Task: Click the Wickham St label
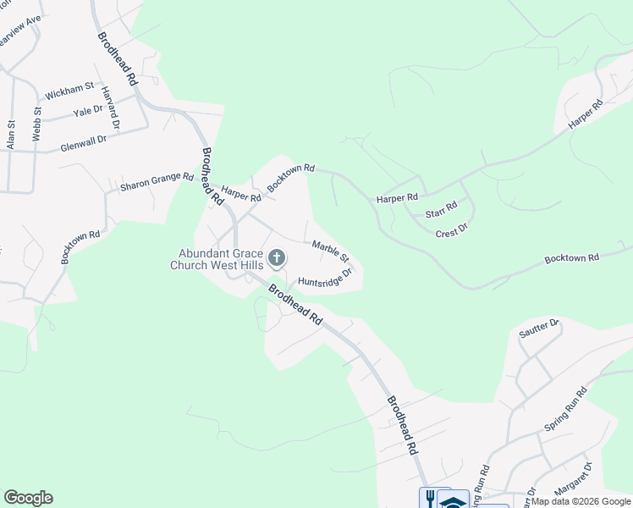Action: (x=69, y=88)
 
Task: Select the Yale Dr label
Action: (x=87, y=111)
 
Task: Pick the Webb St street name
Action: (x=36, y=124)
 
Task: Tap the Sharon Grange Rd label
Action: (x=157, y=181)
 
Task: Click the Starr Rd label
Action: (x=441, y=207)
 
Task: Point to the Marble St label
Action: (x=330, y=251)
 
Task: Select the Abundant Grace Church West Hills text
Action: (x=218, y=258)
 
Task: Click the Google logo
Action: (x=28, y=498)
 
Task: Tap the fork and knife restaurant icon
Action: (x=429, y=498)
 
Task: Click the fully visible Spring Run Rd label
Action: (x=565, y=410)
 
